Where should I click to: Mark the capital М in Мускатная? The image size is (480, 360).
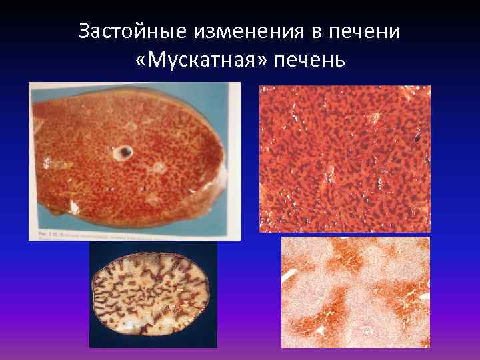coord(157,61)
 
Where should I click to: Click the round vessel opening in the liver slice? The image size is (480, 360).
coord(123,153)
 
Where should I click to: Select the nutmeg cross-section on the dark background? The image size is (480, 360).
coord(149,294)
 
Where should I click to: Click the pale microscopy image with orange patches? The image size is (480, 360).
coord(355,292)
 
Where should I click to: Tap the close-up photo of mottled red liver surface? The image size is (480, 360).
coord(345,159)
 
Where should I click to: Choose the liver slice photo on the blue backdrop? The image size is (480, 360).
coord(133,160)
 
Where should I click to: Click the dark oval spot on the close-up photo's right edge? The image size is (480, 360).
coord(417,139)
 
